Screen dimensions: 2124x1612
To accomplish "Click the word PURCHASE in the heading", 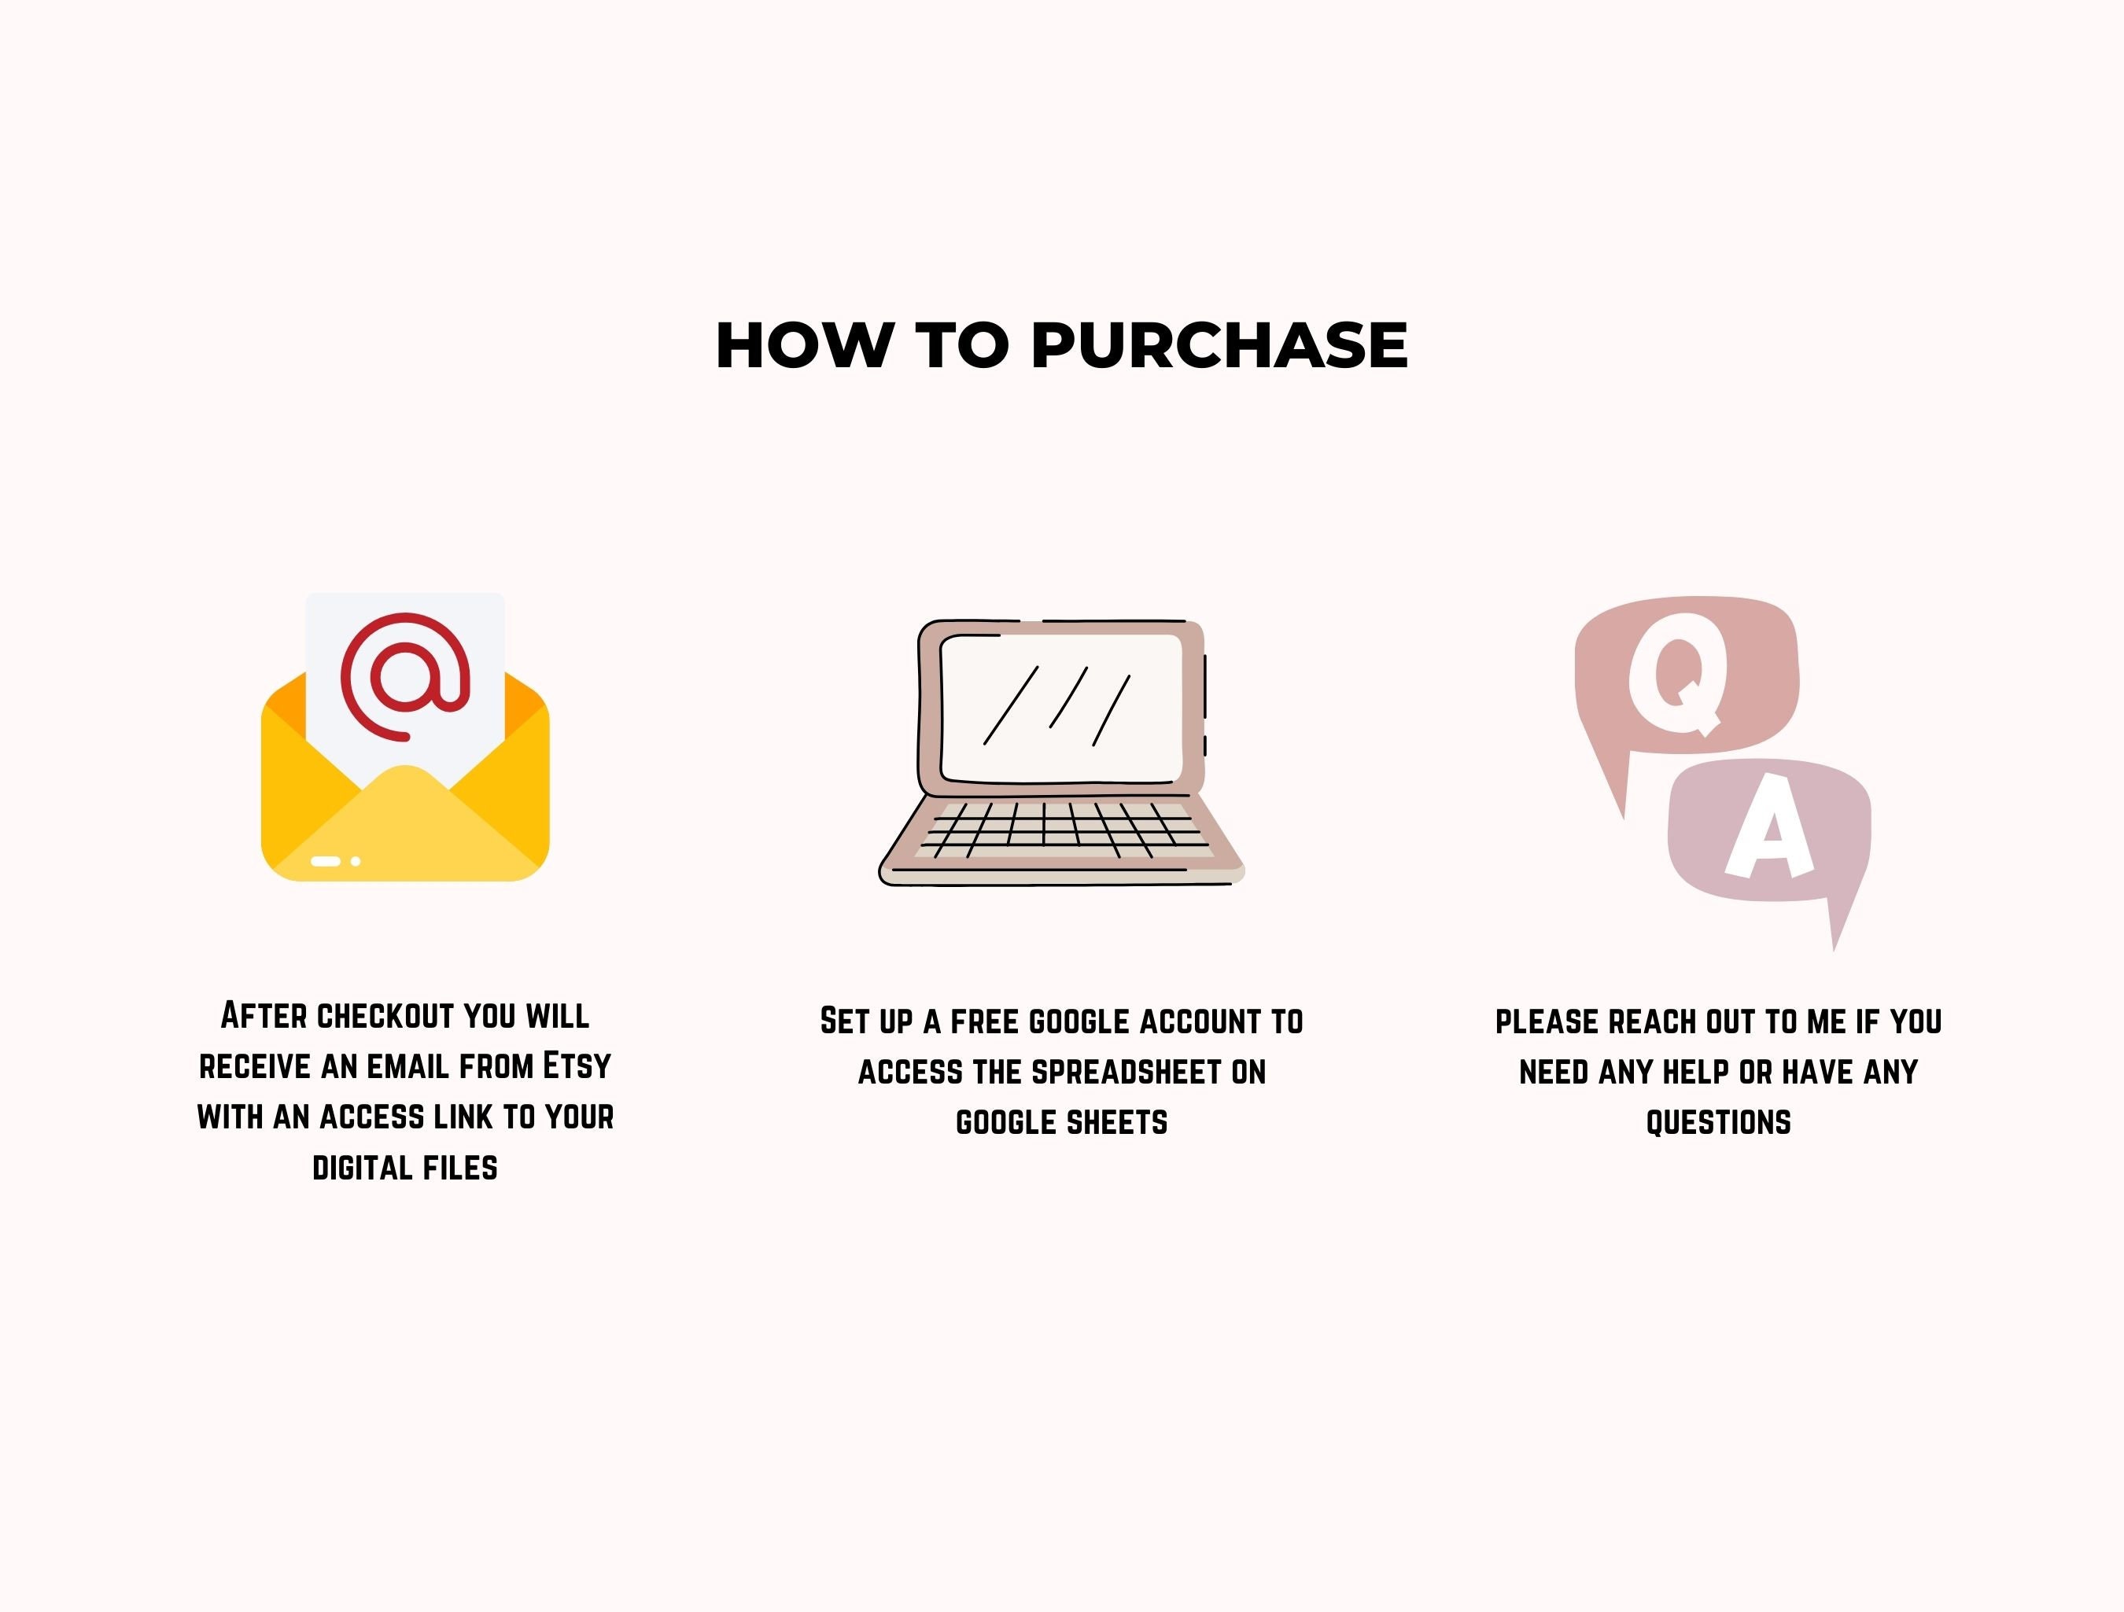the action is (x=1219, y=344).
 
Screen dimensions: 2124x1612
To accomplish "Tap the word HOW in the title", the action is (x=804, y=344).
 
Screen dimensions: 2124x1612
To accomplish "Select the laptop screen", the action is (x=1061, y=708).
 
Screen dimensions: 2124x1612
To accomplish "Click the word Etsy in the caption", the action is (x=577, y=1065).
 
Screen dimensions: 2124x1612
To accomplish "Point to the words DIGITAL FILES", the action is (x=405, y=1169).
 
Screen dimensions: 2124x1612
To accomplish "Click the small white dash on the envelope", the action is (x=326, y=861).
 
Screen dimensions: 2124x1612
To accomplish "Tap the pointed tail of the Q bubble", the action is (x=1623, y=818).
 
